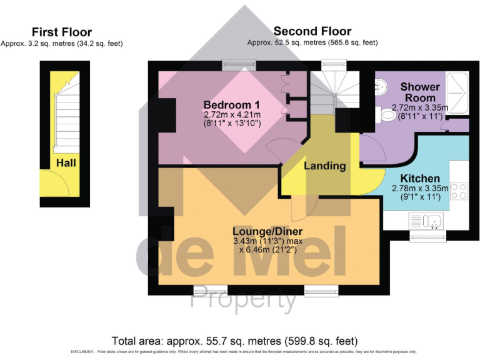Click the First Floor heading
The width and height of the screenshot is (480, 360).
pos(62,32)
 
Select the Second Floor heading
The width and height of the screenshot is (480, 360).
pos(312,31)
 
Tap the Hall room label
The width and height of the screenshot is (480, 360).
pos(66,162)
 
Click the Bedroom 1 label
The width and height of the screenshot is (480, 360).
pos(232,104)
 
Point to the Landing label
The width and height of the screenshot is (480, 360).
pos(324,166)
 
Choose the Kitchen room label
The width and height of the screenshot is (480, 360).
pos(420,178)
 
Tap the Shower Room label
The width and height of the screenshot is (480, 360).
pos(420,92)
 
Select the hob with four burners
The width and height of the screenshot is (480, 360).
pos(458,190)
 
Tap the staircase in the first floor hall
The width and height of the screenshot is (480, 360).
pos(65,119)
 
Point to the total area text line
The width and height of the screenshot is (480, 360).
pos(235,341)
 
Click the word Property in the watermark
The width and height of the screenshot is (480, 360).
pos(244,301)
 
